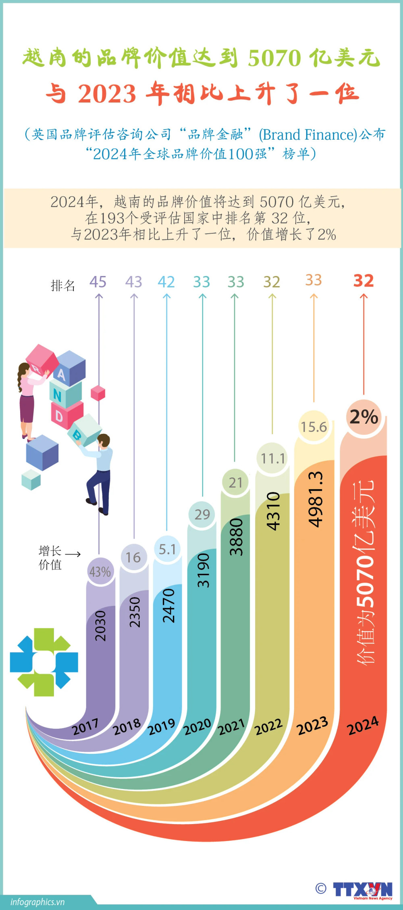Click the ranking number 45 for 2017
98,282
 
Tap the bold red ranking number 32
364,280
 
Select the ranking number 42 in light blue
166,282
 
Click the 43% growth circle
100,571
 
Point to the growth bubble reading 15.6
314,427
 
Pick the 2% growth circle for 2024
364,417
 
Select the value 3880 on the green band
236,537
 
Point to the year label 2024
363,725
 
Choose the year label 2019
161,727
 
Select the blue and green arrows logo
44,662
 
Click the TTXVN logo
362,889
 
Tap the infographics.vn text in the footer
37,902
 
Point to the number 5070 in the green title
274,58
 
